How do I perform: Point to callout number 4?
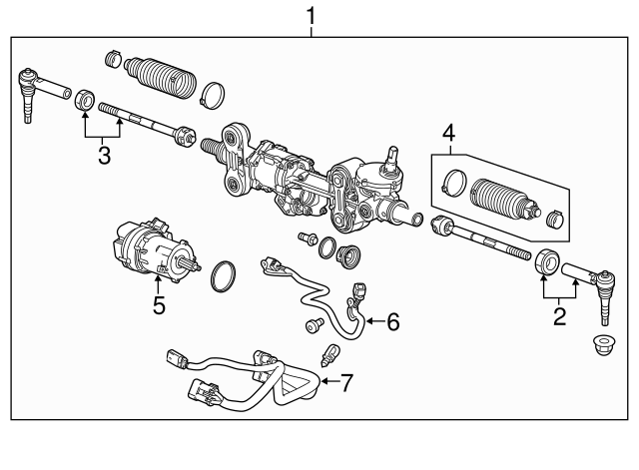click(x=449, y=133)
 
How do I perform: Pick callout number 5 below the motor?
click(x=159, y=304)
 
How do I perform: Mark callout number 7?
click(x=346, y=381)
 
